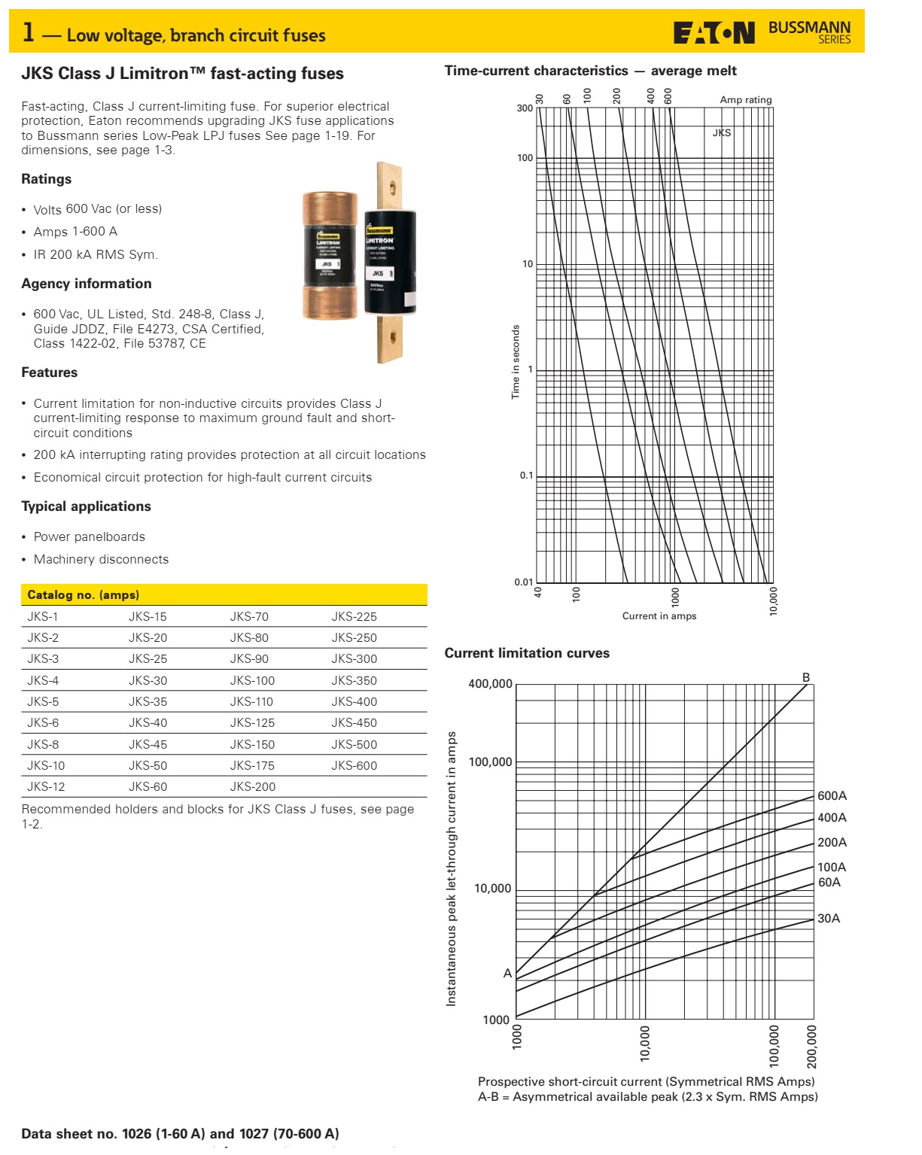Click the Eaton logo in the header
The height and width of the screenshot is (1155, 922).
coord(714,33)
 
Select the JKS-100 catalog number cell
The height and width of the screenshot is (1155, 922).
coord(252,680)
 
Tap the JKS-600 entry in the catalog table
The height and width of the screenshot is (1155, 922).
coord(354,765)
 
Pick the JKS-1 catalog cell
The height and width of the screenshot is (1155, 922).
coord(43,616)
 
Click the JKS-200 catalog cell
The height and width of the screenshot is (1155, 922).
coord(252,786)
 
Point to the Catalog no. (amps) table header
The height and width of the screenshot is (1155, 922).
coord(84,594)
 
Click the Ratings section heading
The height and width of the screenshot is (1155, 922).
coord(47,179)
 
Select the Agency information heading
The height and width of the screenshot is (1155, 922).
coord(87,284)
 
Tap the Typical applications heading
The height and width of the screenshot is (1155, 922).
coord(87,506)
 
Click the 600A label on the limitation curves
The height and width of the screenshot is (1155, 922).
coord(832,795)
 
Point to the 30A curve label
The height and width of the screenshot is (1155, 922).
coord(829,918)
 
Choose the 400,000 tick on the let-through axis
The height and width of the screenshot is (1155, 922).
coord(490,684)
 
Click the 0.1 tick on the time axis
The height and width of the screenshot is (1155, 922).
coord(526,476)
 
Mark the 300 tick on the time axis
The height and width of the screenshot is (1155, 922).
coord(525,108)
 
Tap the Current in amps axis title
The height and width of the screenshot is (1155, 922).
coord(659,615)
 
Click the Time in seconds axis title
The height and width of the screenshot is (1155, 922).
coord(516,362)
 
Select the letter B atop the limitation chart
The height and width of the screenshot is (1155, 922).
coord(806,677)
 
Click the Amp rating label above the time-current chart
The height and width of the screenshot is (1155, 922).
coord(745,99)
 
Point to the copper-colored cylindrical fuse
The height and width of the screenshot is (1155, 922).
coord(330,255)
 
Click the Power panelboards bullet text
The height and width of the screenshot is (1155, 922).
coord(90,536)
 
